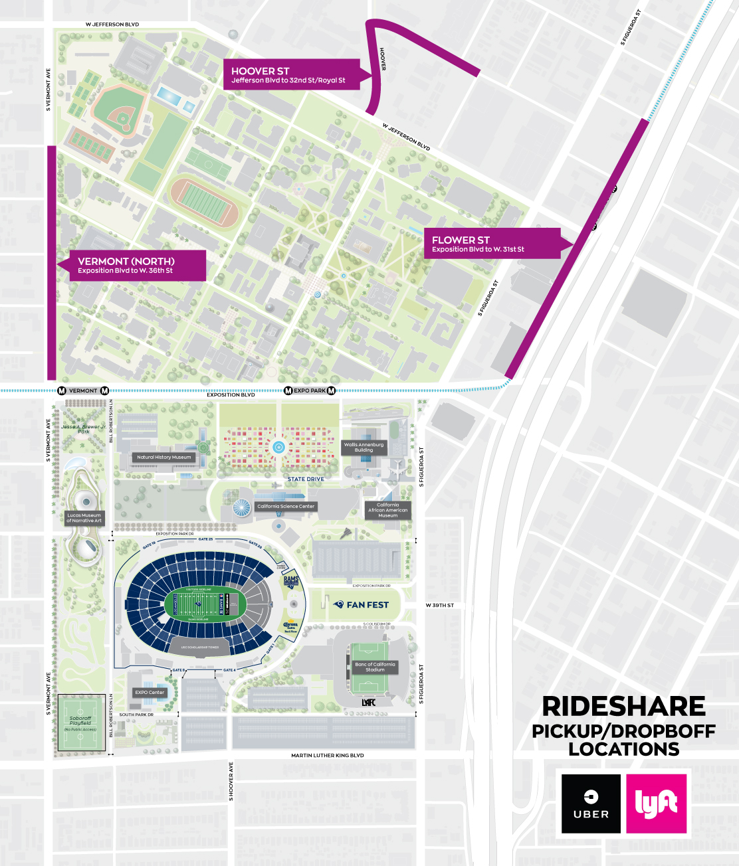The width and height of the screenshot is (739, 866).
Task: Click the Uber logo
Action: click(x=591, y=804)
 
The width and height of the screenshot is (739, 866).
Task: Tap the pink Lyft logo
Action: click(x=656, y=804)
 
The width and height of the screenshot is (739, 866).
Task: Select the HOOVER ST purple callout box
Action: click(x=292, y=75)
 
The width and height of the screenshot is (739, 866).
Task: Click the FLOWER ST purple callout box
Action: click(x=492, y=244)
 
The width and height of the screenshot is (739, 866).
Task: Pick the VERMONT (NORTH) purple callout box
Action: click(x=136, y=266)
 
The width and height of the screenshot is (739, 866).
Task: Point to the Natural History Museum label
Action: click(x=163, y=457)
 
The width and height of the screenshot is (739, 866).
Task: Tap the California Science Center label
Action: click(x=286, y=506)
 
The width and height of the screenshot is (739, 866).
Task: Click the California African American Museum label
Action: click(x=388, y=510)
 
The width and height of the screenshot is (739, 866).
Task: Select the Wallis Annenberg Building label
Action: click(x=364, y=447)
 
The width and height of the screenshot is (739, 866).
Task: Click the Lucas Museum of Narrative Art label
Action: click(x=84, y=518)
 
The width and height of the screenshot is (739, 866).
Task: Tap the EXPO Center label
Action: click(x=150, y=692)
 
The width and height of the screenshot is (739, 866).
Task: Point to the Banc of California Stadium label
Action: click(x=375, y=667)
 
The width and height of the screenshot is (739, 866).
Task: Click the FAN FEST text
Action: click(x=367, y=605)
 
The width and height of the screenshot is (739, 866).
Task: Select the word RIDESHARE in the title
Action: click(x=623, y=706)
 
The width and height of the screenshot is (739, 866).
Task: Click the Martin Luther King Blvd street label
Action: click(x=327, y=755)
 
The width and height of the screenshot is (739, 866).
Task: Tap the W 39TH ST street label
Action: click(x=439, y=605)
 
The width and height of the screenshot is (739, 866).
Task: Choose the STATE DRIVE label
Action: click(x=306, y=479)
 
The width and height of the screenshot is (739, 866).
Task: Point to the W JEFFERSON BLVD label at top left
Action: click(x=112, y=25)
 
